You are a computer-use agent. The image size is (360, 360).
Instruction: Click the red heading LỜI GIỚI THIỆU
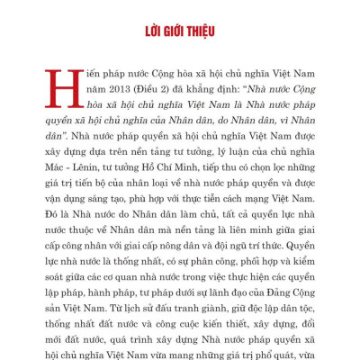180,34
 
